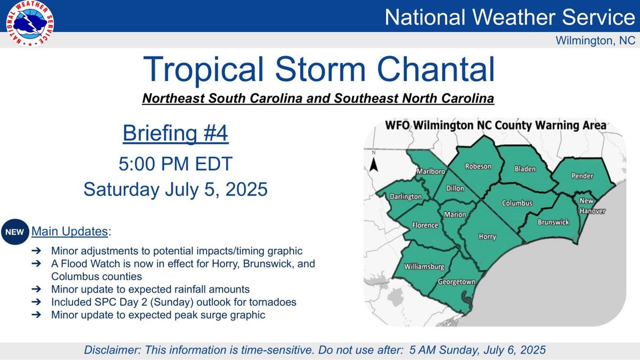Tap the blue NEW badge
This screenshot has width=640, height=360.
pos(15,232)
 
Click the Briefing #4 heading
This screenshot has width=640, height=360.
pos(175,133)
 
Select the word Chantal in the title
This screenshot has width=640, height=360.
pos(436,69)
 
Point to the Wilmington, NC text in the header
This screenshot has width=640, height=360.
pos(595,41)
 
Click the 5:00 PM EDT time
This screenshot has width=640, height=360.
pos(175,163)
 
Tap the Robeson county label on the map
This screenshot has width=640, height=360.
pos(478,166)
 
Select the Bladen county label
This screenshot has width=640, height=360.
pos(525,169)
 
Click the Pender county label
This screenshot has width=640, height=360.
pos(582,176)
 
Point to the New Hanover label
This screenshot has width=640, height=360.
pos(592,206)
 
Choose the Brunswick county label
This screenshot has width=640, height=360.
pos(553,222)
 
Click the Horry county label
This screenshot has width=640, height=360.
pos(487,237)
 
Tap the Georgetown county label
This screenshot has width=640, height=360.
pos(456,282)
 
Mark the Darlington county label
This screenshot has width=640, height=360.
pos(405,197)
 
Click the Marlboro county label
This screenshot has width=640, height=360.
pos(430,172)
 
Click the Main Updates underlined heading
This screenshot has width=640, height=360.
pos(70,231)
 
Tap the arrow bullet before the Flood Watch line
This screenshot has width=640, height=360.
pos(36,263)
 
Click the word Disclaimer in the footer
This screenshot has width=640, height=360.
pos(111,350)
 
